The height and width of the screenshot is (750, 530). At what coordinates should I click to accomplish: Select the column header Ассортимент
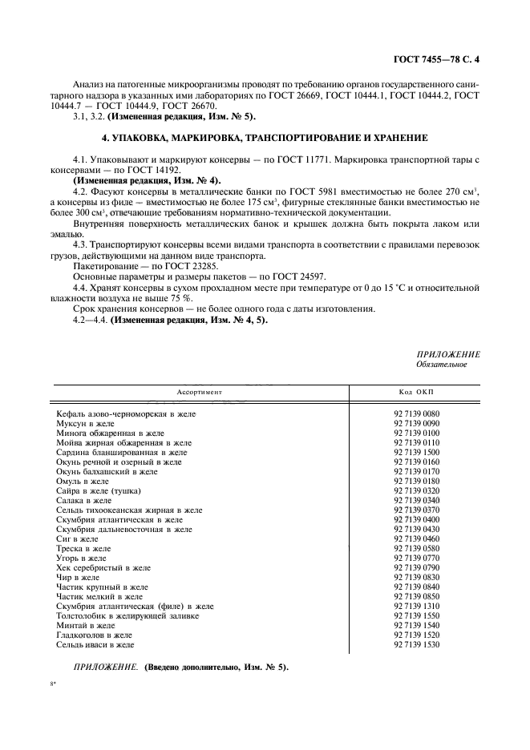point(199,393)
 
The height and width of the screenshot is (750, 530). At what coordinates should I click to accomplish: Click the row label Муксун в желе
point(86,422)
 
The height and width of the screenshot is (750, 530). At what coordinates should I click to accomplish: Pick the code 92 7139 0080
point(417,413)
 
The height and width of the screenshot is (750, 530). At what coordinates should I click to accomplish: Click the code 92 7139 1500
point(417,452)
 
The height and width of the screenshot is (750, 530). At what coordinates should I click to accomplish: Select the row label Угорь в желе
point(81,558)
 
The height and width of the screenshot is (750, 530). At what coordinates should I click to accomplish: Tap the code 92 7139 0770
point(417,558)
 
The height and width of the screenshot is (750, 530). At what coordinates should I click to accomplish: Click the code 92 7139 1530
point(417,644)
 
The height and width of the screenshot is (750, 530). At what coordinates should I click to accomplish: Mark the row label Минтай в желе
point(85,625)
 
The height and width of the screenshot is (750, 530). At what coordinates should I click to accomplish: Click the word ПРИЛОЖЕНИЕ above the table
point(448,353)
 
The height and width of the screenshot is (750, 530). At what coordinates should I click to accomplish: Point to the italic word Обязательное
point(442,364)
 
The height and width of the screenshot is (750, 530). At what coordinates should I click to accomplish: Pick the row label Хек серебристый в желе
point(101,567)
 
